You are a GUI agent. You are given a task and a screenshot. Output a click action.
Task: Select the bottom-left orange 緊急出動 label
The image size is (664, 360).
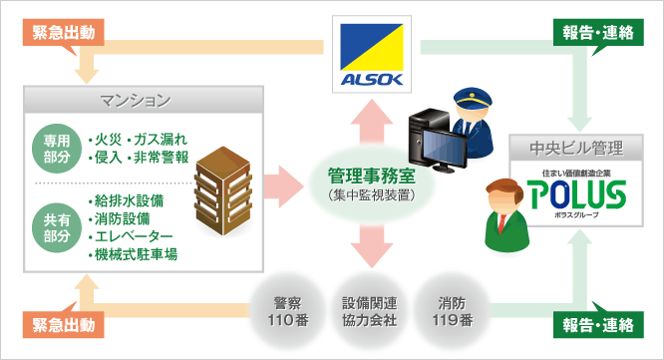[63, 326]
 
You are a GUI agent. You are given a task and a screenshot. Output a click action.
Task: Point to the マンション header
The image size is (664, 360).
[144, 101]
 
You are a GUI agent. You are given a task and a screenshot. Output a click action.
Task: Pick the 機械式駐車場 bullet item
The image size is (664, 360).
[134, 254]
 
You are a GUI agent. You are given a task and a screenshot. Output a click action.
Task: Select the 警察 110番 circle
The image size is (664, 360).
[284, 312]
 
